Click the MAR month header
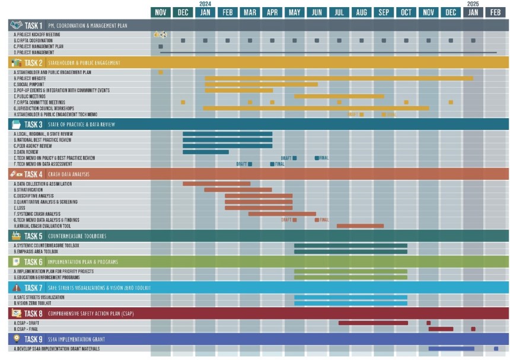tap(250, 12)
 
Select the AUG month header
tap(361, 12)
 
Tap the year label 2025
tap(473, 4)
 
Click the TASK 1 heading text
tap(33, 26)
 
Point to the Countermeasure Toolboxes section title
tap(77, 236)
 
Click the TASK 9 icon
tap(16, 339)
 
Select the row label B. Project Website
tap(33, 78)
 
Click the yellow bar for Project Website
tap(339, 78)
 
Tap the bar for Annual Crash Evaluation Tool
tap(360, 225)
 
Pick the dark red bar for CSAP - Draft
tap(372, 323)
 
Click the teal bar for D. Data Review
tap(205, 152)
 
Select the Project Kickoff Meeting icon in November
tap(160, 35)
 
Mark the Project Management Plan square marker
tap(161, 46)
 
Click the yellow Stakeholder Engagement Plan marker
tap(161, 72)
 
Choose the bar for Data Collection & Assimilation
tap(216, 184)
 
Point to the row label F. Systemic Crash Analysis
tap(37, 214)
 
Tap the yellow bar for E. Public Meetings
tap(339, 96)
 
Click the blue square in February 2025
tap(496, 349)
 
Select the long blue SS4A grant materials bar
tap(451, 349)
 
